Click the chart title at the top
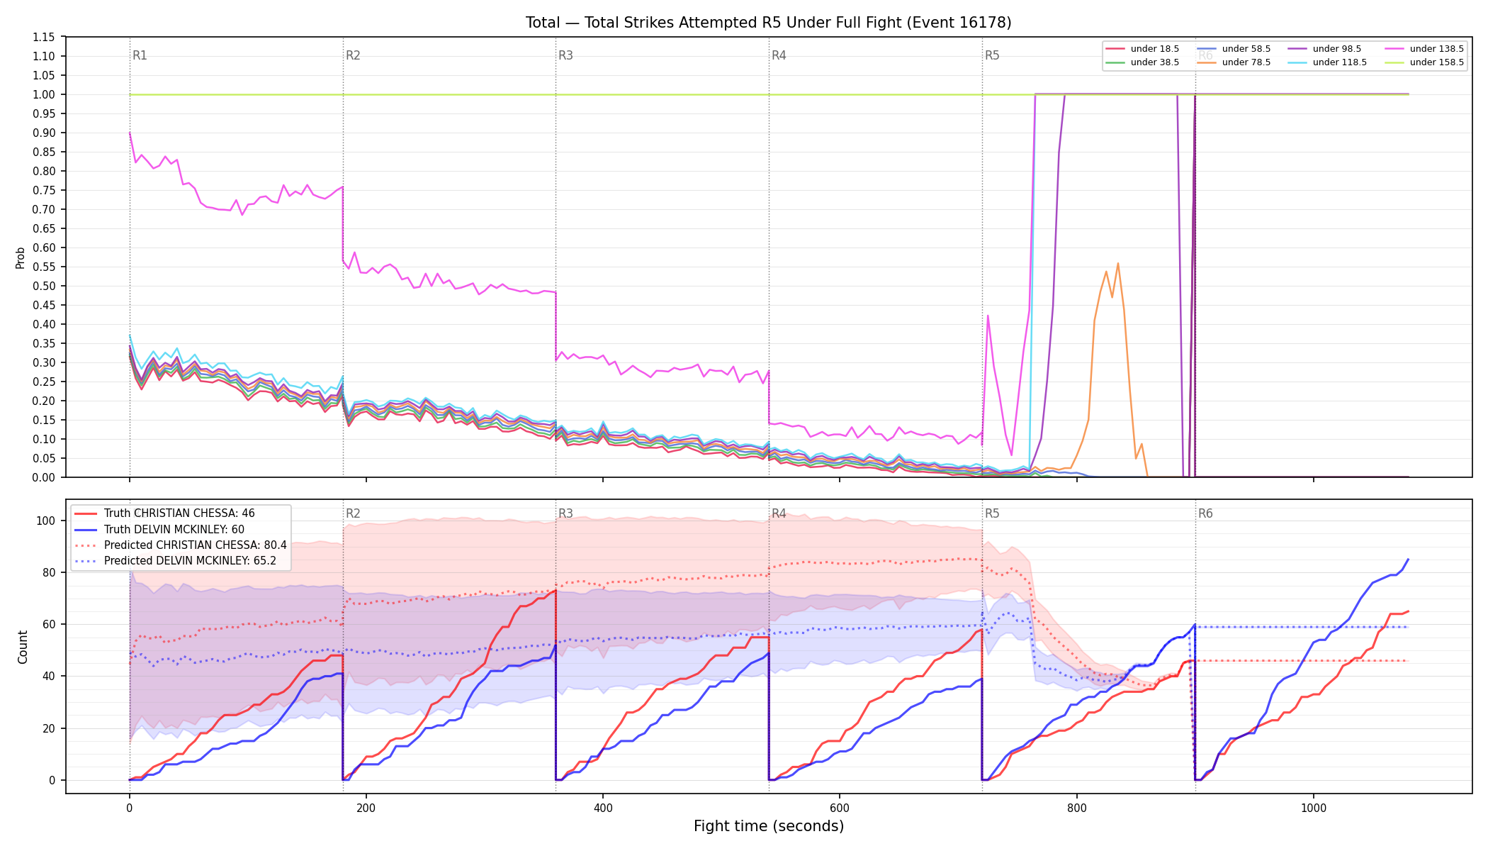768,23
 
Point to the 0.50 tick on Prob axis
45,287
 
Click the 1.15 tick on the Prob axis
45,37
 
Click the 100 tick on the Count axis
46,521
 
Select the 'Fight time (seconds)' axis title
769,826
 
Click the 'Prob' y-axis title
21,257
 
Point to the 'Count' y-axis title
23,647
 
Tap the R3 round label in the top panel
565,55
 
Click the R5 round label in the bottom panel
992,513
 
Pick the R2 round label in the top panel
353,55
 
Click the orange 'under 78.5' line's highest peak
1117,263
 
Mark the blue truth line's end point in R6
1408,559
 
